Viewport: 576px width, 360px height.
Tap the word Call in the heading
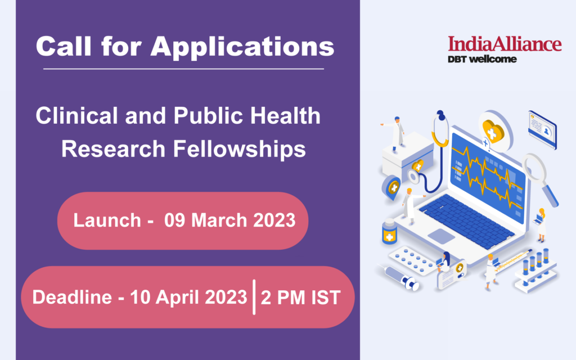64,46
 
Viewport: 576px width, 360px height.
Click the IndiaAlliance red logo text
505,43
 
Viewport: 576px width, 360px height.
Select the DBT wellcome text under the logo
482,59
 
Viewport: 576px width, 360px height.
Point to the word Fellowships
240,148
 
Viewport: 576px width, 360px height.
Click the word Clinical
77,116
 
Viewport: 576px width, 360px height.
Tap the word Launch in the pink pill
107,220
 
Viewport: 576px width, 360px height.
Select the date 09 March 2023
230,220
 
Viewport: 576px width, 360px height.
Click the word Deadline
72,297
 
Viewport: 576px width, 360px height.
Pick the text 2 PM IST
300,298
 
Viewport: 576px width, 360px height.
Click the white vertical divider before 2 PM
254,297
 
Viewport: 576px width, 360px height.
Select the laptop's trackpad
441,236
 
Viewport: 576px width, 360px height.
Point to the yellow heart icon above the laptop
493,131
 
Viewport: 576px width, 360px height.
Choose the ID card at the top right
543,130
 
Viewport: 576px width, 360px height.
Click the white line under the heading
184,69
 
